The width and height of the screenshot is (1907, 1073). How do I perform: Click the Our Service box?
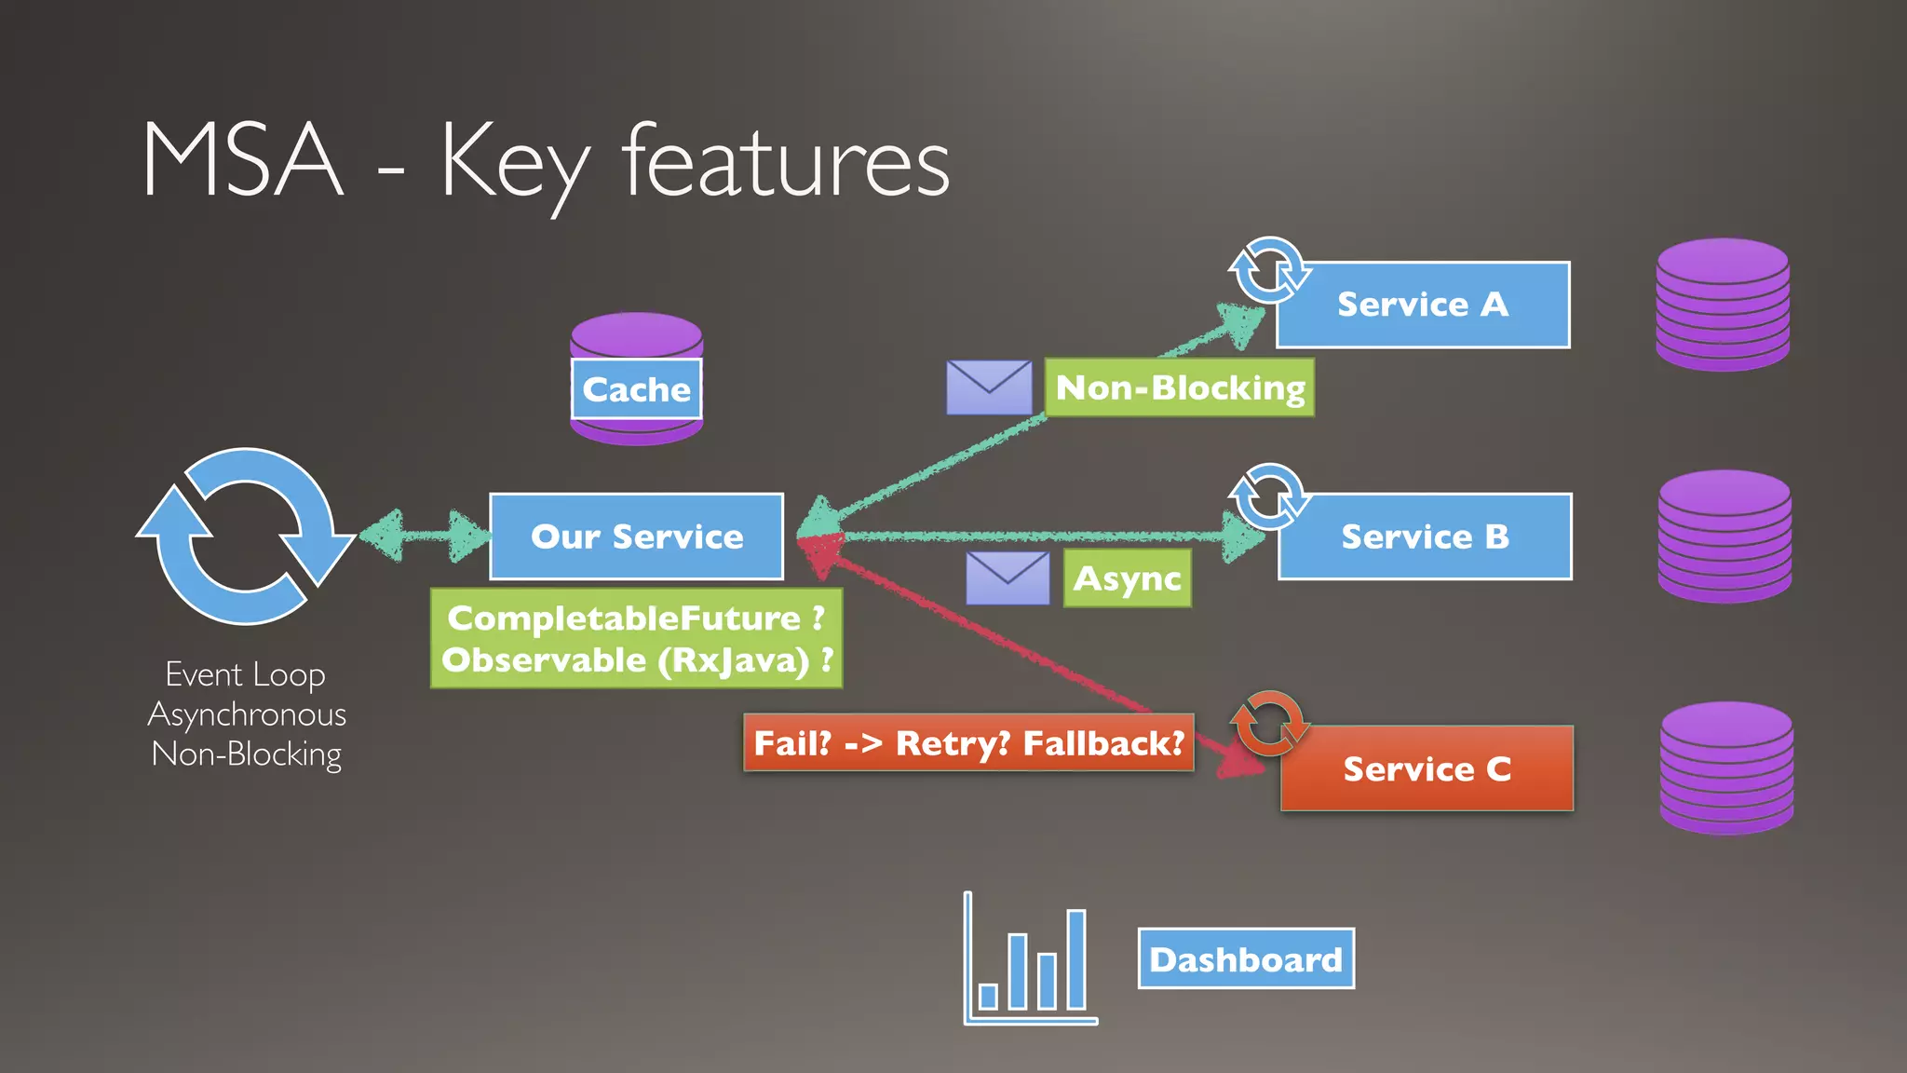coord(636,536)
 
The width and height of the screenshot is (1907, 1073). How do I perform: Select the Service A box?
coord(1423,305)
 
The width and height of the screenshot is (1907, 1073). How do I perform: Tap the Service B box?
coord(1425,536)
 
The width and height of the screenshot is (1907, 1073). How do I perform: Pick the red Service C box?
coord(1427,768)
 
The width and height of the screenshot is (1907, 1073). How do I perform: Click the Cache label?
coord(636,389)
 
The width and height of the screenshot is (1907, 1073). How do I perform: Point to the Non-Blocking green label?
coord(1180,387)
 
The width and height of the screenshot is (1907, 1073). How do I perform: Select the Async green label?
coord(1127,578)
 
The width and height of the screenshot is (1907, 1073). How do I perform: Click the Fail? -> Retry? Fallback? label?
coord(968,743)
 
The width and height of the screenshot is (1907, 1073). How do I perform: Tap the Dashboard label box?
coord(1246,958)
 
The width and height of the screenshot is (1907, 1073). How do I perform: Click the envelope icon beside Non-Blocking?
coord(989,387)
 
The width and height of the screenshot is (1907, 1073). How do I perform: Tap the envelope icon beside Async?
coord(1008,578)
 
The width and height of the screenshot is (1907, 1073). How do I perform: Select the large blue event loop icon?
coord(245,536)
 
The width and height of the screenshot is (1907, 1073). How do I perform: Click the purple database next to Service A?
coord(1723,305)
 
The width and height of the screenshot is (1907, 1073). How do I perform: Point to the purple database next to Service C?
coord(1726,768)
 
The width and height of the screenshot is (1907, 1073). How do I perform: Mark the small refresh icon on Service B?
coord(1268,496)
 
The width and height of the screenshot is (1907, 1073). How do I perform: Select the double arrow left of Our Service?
coord(425,536)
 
